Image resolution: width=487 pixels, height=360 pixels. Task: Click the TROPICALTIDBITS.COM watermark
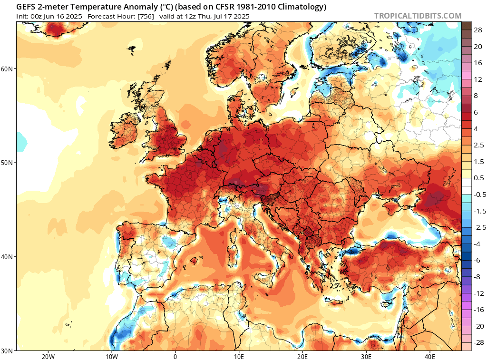click(418, 16)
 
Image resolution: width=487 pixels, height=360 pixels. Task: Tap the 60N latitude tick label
click(7, 69)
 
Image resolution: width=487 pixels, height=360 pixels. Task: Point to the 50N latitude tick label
click(7, 163)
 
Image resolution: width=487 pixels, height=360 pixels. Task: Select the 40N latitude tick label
click(7, 257)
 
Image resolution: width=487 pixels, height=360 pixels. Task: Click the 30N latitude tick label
click(7, 350)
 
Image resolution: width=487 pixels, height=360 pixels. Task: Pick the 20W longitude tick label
click(48, 357)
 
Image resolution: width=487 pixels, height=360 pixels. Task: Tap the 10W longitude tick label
click(111, 357)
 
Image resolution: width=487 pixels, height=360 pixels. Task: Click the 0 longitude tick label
click(175, 357)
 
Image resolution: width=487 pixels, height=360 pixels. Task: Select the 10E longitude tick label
click(239, 357)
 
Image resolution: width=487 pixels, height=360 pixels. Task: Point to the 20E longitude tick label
click(302, 357)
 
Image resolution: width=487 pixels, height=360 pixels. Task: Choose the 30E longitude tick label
click(366, 357)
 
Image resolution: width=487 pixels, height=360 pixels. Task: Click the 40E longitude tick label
click(430, 357)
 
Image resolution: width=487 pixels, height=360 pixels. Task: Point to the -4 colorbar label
click(477, 243)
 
